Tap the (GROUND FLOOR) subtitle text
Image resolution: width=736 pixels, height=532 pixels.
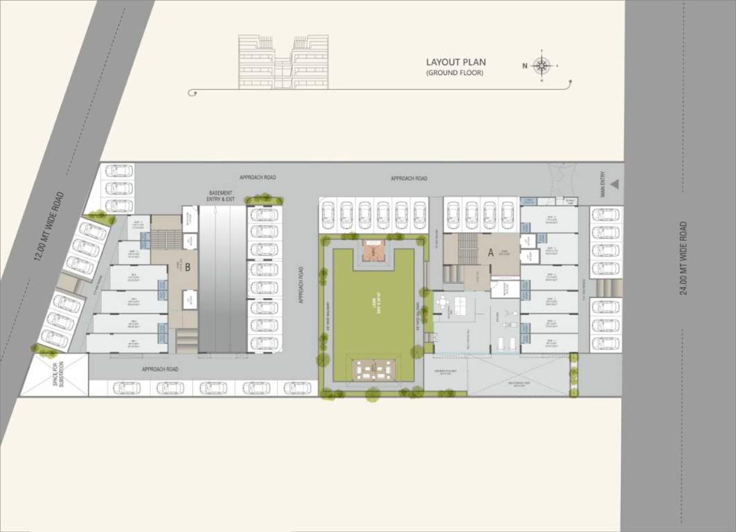tap(454, 73)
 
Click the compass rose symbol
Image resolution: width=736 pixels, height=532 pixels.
tap(542, 66)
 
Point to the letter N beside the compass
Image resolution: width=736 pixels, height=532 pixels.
tap(525, 66)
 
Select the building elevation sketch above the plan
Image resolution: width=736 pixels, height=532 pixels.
tap(283, 62)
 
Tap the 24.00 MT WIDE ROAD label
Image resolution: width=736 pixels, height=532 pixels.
tap(683, 258)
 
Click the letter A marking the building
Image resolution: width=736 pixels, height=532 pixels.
tap(490, 254)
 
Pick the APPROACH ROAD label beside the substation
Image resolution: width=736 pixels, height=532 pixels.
tap(160, 369)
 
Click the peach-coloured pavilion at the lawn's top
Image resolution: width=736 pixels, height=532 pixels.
tap(373, 254)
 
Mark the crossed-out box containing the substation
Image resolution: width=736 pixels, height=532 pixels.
tap(54, 375)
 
